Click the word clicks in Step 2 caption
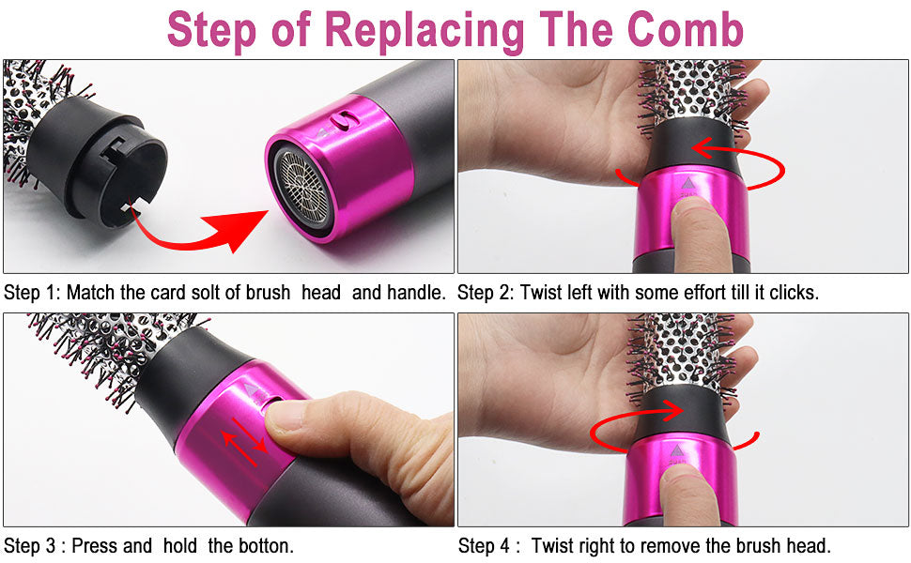coord(794,293)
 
